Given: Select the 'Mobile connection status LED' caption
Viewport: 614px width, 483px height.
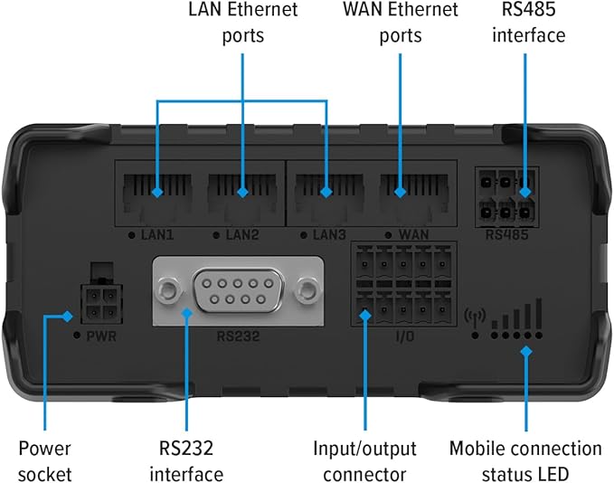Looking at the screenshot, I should [525, 460].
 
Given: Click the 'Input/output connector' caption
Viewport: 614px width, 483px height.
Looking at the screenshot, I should [366, 460].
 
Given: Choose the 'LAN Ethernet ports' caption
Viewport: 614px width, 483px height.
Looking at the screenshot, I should [241, 24].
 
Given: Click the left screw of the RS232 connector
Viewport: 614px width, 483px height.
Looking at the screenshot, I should [167, 290].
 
